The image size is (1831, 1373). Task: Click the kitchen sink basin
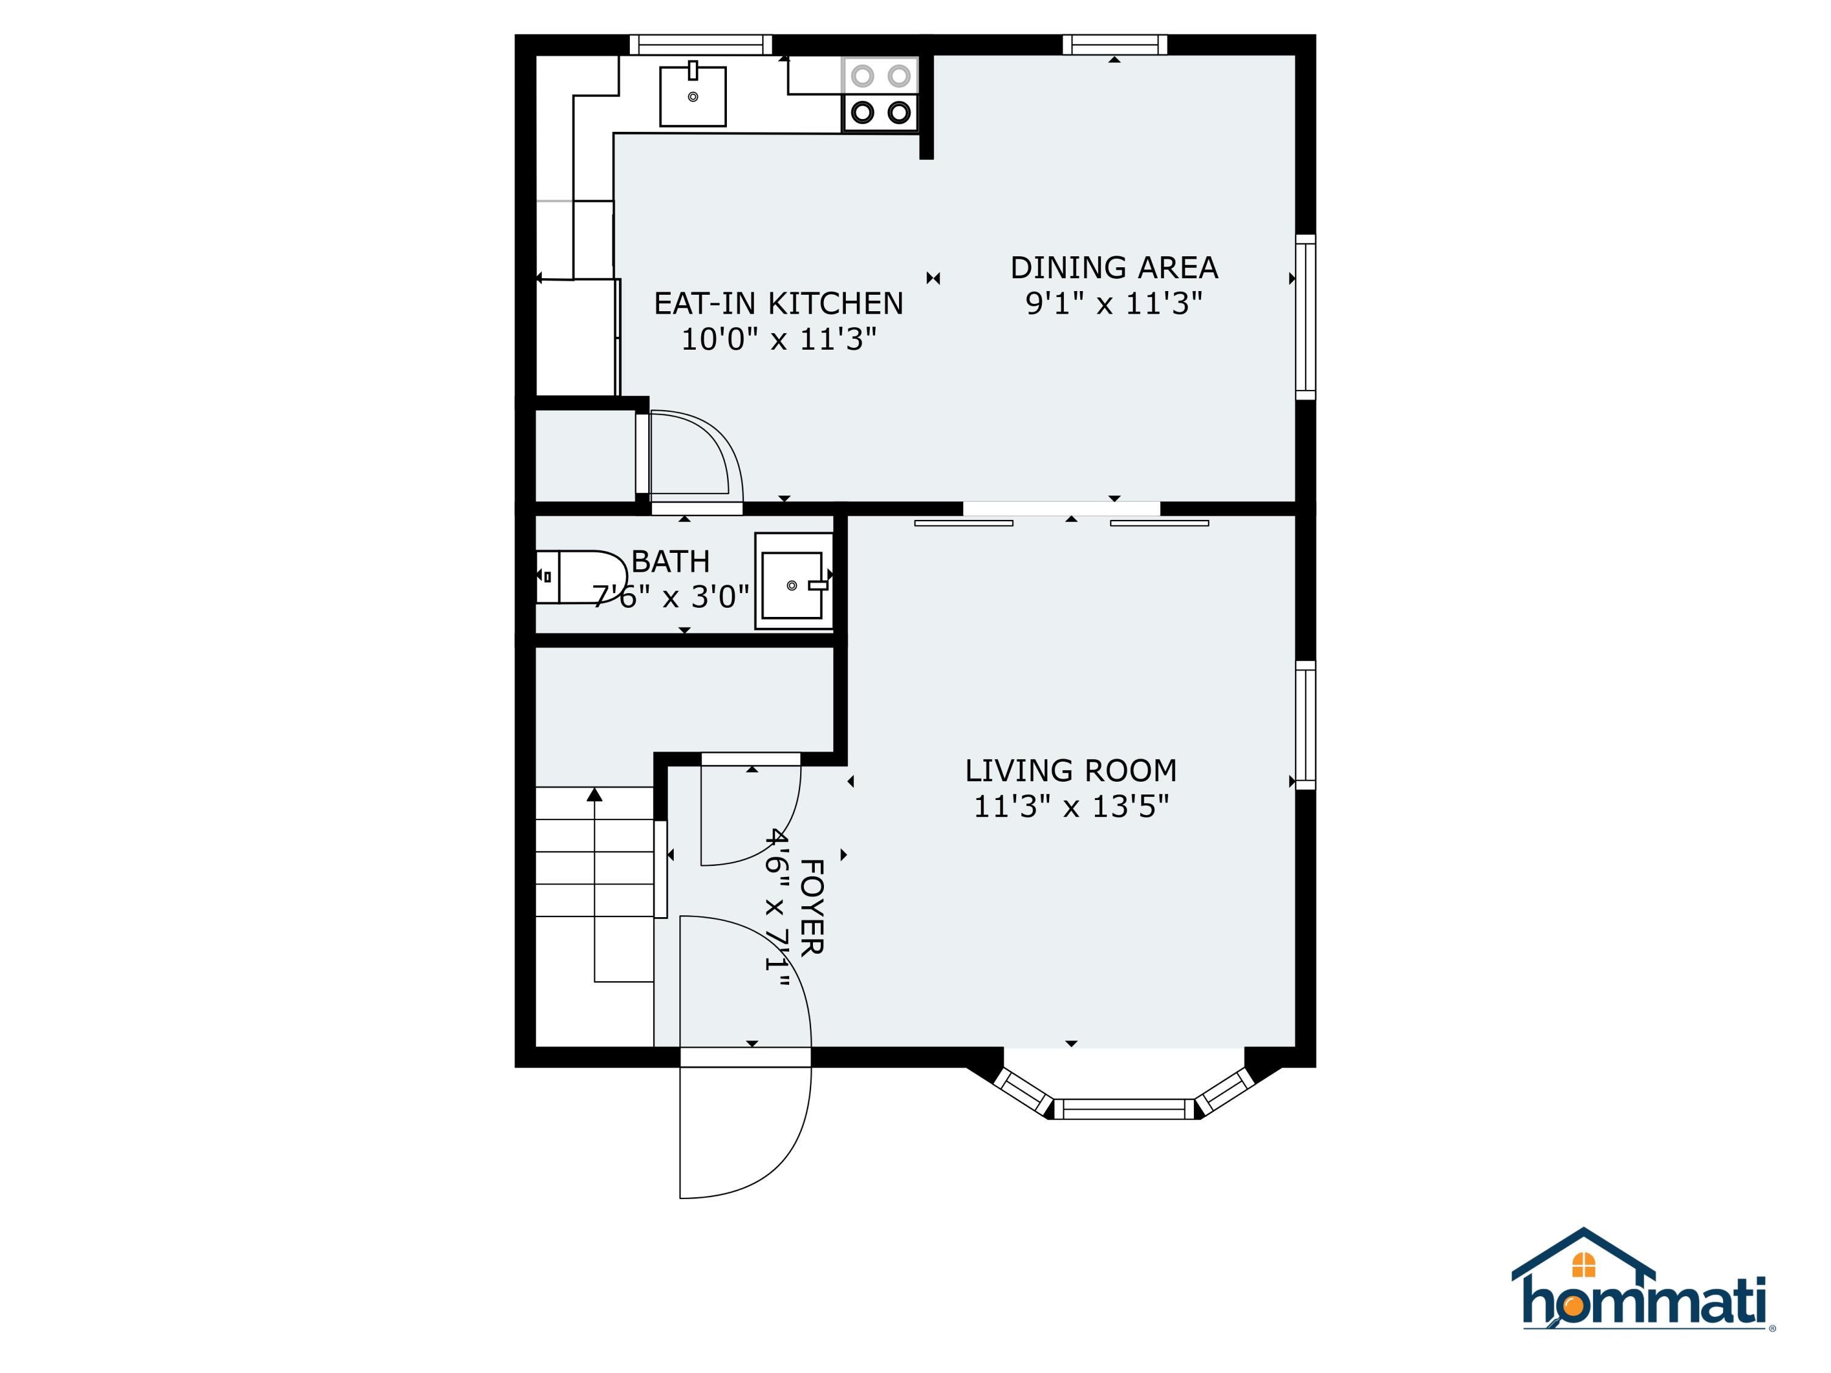(x=693, y=97)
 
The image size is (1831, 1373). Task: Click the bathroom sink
(x=792, y=585)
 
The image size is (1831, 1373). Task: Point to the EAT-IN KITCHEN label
(x=778, y=304)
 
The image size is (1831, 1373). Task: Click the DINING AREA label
(x=1114, y=268)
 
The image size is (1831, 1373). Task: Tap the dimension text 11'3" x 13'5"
(x=1071, y=806)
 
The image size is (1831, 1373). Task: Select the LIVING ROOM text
(x=1071, y=771)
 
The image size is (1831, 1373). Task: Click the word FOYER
(x=811, y=908)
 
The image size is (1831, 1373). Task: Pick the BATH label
(x=671, y=562)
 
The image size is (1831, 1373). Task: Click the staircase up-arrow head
(x=594, y=795)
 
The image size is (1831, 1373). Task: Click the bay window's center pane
(x=1124, y=1109)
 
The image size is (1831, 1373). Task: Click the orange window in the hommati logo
(x=1583, y=1264)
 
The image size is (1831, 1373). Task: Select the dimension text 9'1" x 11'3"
(x=1114, y=304)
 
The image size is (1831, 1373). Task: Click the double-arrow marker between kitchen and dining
(x=934, y=278)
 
